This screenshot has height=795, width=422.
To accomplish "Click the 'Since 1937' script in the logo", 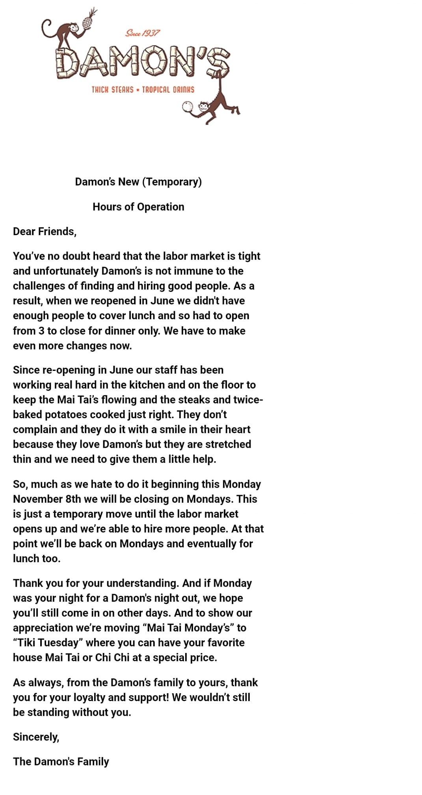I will tap(143, 33).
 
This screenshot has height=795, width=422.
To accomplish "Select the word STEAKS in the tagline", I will tap(123, 90).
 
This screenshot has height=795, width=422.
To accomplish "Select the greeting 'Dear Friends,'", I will tap(45, 232).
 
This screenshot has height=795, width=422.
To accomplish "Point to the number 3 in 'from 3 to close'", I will tap(41, 331).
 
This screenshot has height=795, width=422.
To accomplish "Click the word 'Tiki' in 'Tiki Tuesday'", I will tap(25, 643).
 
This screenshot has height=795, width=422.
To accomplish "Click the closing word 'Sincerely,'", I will tap(36, 737).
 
